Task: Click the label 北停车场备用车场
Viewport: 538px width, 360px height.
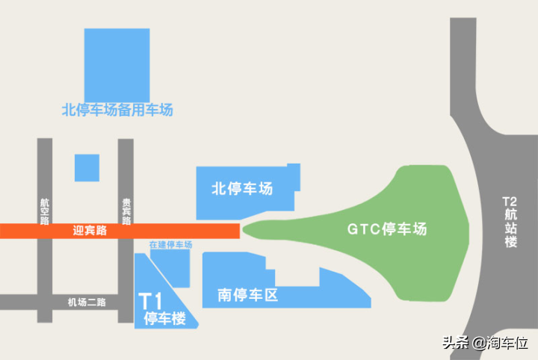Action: click(117, 110)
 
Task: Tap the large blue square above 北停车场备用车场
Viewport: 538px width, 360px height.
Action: click(117, 65)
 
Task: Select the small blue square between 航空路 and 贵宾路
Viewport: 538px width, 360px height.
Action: click(87, 167)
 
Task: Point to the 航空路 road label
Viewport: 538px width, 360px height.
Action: click(45, 211)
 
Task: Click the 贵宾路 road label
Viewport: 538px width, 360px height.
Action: click(126, 211)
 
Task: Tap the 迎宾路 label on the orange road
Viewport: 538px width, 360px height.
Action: click(90, 230)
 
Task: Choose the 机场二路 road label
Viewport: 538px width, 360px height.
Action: click(87, 302)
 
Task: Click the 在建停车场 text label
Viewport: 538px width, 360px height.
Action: click(170, 244)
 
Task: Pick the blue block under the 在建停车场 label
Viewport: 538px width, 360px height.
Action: click(170, 268)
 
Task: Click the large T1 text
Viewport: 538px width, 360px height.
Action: click(150, 302)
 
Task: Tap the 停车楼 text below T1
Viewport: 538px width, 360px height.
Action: click(165, 318)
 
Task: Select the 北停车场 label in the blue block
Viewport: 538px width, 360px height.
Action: click(242, 188)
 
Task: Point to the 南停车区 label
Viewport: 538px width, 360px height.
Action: click(248, 295)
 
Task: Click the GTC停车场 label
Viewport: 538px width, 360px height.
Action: click(387, 229)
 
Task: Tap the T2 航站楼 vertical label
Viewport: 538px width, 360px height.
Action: click(510, 222)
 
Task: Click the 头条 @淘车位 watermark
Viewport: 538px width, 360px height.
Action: click(485, 343)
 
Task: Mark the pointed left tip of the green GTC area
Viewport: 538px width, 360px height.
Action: click(243, 229)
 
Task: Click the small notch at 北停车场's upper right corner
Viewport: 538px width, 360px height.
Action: click(294, 177)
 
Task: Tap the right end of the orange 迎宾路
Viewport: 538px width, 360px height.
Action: click(239, 231)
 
